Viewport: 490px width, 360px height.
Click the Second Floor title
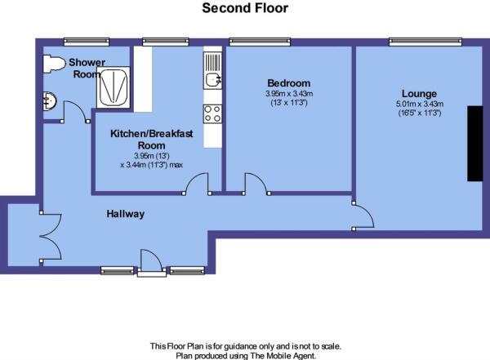[x=245, y=9]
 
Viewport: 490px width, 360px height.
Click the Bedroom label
[x=288, y=83]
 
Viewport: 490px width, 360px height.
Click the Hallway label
[x=125, y=214]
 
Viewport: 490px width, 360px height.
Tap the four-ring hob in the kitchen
[x=213, y=113]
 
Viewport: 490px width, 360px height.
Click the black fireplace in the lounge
[x=474, y=143]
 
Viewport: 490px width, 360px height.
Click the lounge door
[x=364, y=217]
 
